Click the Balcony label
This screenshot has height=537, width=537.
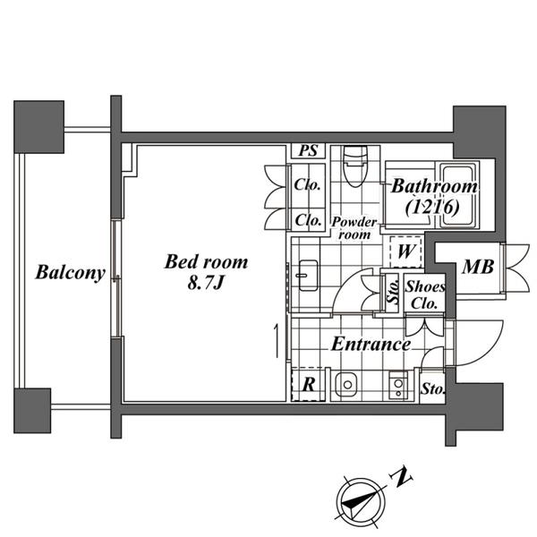click(x=70, y=273)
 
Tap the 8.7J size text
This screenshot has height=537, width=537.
click(x=206, y=283)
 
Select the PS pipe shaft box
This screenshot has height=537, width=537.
click(x=308, y=151)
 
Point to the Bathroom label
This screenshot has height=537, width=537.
click(x=434, y=187)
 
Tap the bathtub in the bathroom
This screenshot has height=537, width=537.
click(x=457, y=195)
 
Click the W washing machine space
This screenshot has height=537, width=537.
click(x=405, y=251)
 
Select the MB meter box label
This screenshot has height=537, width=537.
click(x=478, y=267)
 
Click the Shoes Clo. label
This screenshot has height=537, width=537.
click(x=425, y=294)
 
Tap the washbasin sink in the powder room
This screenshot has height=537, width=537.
click(x=308, y=276)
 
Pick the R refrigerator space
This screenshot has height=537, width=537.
click(x=308, y=385)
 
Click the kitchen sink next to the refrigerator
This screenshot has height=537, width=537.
click(x=347, y=385)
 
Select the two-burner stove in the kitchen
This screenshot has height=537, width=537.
click(x=398, y=386)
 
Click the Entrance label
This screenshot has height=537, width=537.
click(x=371, y=344)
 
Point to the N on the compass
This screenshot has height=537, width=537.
click(x=401, y=476)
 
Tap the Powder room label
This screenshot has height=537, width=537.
click(x=354, y=228)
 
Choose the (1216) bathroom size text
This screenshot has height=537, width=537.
click(x=432, y=206)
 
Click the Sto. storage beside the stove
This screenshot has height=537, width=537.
click(x=433, y=389)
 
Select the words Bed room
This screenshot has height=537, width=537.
click(x=206, y=262)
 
